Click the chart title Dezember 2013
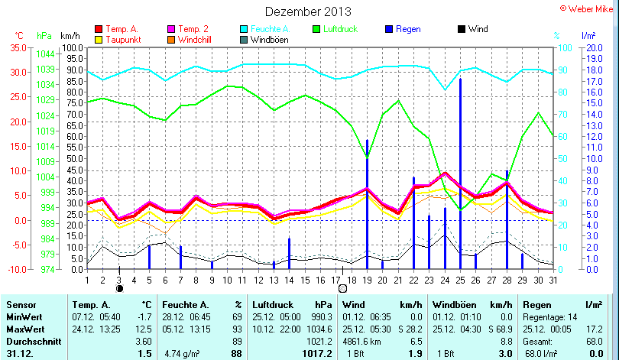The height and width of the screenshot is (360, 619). coord(308,11)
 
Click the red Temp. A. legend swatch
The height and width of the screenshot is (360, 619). coord(98,29)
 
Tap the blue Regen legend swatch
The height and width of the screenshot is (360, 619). coord(390,29)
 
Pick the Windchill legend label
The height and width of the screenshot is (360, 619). coord(196,40)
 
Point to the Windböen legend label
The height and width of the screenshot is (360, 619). coord(270,40)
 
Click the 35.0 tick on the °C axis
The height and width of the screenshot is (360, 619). coord(17,47)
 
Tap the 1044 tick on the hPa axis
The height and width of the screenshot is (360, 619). coord(44,54)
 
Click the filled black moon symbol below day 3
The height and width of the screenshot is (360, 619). coord(119,289)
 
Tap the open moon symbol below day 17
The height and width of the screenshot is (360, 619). coord(342,289)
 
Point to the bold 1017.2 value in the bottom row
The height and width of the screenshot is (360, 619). coord(316,352)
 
